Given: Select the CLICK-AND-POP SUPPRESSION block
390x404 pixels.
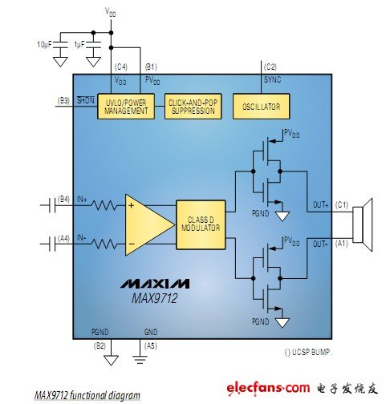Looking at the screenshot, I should [x=193, y=107].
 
